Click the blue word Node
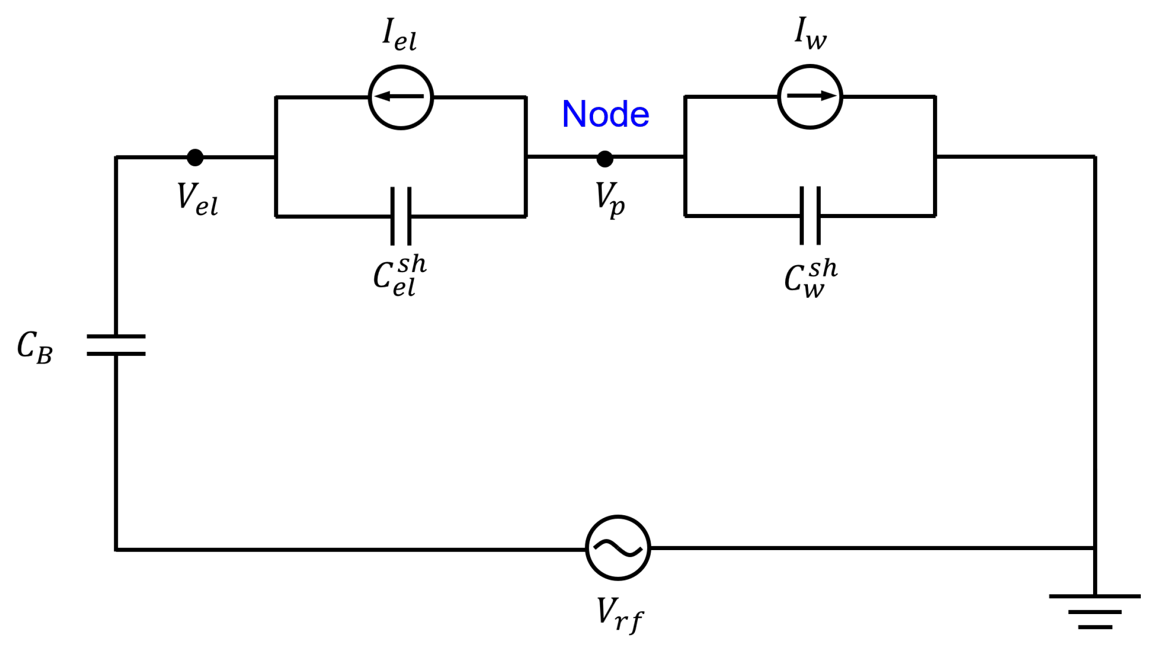pos(605,114)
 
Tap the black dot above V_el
pos(195,157)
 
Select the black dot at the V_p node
pos(605,159)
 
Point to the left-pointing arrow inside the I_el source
pos(398,96)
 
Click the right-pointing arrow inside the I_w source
pos(812,96)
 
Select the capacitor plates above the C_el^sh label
pos(401,216)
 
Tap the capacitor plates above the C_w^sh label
pos(810,216)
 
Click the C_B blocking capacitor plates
pos(116,345)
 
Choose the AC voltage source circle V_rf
pos(618,548)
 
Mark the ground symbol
pos(1095,612)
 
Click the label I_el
pos(399,34)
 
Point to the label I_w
pos(810,33)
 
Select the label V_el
pos(197,199)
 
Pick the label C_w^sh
pos(810,279)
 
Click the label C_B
pos(34,348)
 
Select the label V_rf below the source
pos(619,615)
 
